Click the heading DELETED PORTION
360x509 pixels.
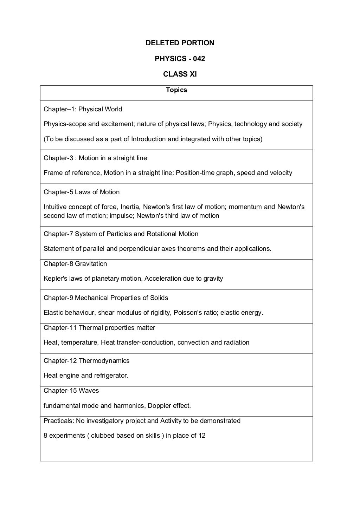pyautogui.click(x=180, y=43)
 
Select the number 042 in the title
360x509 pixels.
pyautogui.click(x=199, y=59)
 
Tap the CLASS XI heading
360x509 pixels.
pyautogui.click(x=180, y=74)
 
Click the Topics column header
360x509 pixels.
pyautogui.click(x=176, y=90)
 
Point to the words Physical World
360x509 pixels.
pyautogui.click(x=100, y=109)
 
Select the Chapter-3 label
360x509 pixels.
pyautogui.click(x=58, y=158)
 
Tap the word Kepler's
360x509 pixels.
pyautogui.click(x=56, y=279)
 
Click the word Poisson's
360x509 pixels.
pyautogui.click(x=188, y=313)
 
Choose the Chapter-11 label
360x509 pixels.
pyautogui.click(x=60, y=328)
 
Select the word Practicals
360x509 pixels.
pyautogui.click(x=58, y=421)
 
